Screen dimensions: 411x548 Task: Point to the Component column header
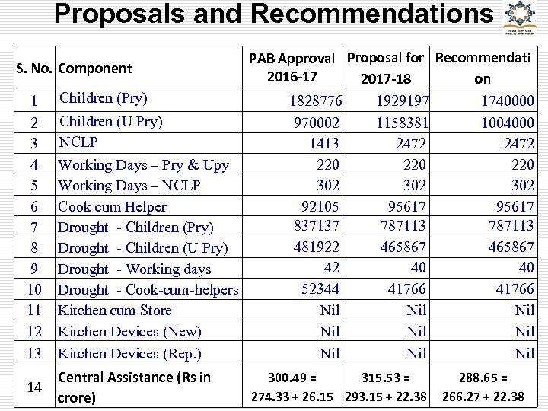coord(94,68)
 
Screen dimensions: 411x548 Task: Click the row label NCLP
coord(79,142)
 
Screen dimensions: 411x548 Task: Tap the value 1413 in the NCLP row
coord(324,142)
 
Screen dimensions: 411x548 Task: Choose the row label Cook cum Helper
coord(112,206)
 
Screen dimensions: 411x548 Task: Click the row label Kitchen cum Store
coord(115,310)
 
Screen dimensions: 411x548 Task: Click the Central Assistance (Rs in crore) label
coord(134,387)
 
